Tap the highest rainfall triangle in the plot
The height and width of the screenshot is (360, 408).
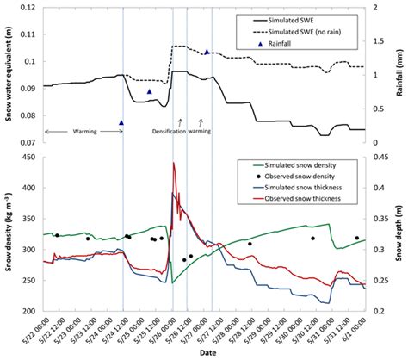(207, 52)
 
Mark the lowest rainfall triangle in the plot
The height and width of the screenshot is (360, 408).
(121, 123)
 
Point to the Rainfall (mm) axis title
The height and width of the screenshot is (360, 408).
(402, 73)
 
